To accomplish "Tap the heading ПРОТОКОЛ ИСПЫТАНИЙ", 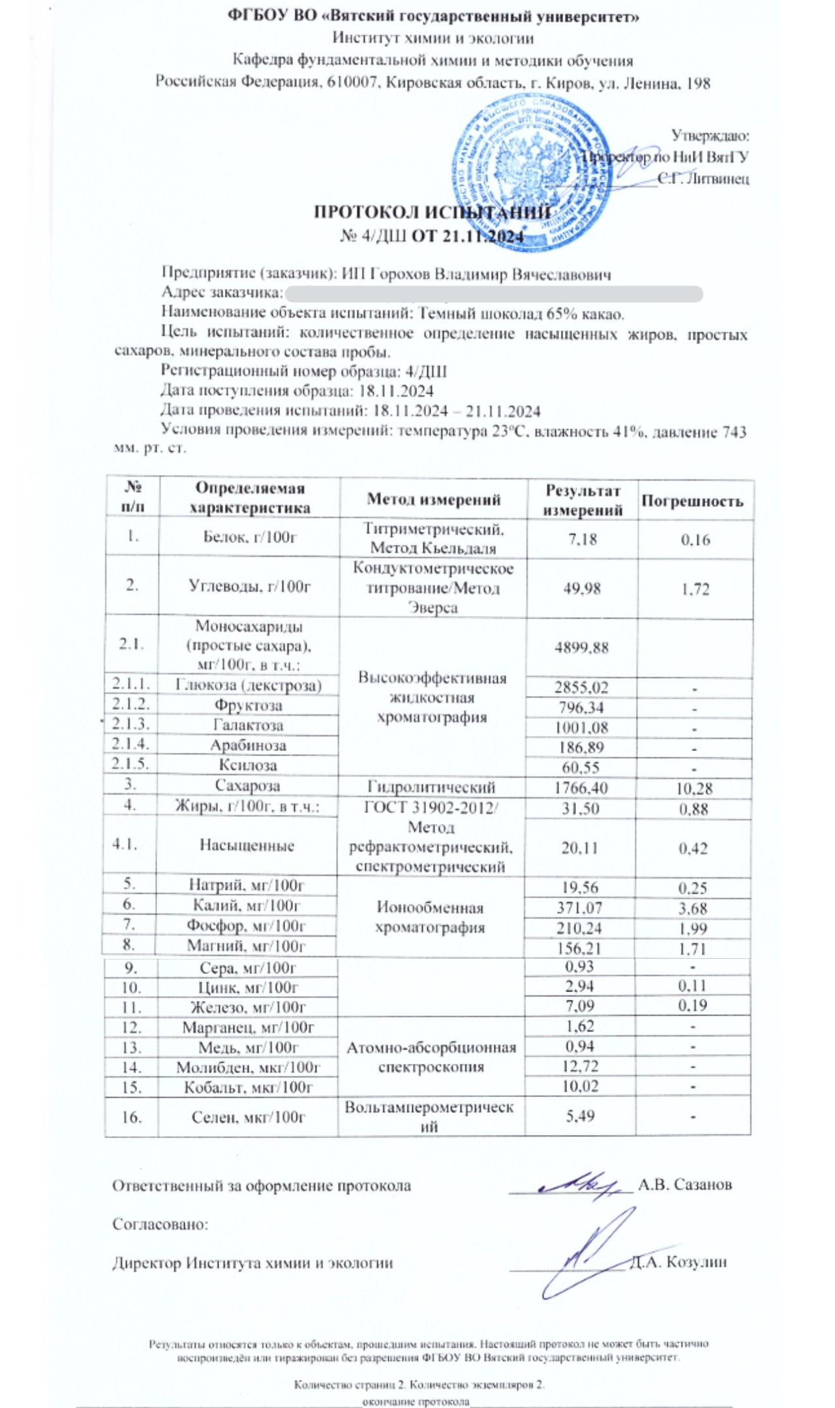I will [432, 213].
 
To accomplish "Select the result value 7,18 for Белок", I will [582, 539].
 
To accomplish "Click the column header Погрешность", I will [692, 501].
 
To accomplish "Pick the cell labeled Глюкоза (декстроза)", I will [249, 685].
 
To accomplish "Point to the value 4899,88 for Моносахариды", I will [581, 647].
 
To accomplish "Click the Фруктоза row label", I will [248, 705].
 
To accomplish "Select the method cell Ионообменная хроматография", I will [430, 917].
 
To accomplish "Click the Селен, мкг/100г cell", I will [248, 1117].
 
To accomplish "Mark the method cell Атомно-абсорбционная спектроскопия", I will [431, 1057].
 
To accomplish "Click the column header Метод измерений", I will [433, 499].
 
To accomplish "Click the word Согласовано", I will [160, 1224].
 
